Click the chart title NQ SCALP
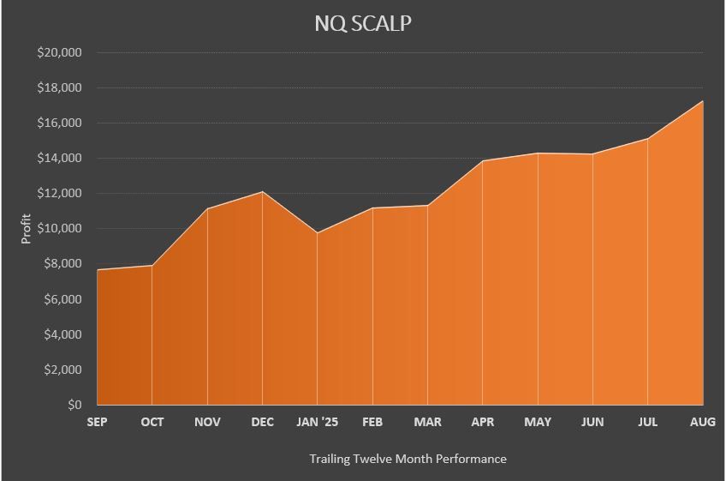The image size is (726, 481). pyautogui.click(x=363, y=23)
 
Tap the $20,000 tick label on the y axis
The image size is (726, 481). pyautogui.click(x=59, y=52)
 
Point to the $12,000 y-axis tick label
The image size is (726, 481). pyautogui.click(x=59, y=194)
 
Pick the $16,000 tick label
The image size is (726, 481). pyautogui.click(x=59, y=123)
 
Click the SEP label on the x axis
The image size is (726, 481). pyautogui.click(x=97, y=422)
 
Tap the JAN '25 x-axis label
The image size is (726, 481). pyautogui.click(x=317, y=422)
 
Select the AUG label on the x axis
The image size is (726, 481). pyautogui.click(x=703, y=422)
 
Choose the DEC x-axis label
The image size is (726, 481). pyautogui.click(x=262, y=422)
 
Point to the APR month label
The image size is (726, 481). pyautogui.click(x=483, y=422)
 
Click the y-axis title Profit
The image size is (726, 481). pyautogui.click(x=26, y=229)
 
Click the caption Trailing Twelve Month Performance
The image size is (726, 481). pyautogui.click(x=408, y=459)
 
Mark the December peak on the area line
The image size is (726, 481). pyautogui.click(x=262, y=192)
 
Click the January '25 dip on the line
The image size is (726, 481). pyautogui.click(x=317, y=232)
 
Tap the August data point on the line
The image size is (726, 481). pyautogui.click(x=703, y=101)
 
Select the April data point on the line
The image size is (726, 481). pyautogui.click(x=483, y=161)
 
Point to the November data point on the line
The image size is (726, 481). pyautogui.click(x=207, y=209)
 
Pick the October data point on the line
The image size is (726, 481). pyautogui.click(x=152, y=266)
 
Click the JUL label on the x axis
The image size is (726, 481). pyautogui.click(x=648, y=422)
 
